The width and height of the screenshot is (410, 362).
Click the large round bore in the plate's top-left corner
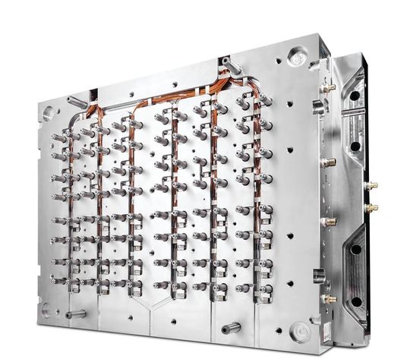point(49,112)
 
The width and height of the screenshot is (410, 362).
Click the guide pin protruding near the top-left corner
point(75,100)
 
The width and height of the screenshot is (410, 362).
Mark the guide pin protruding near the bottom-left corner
point(74,313)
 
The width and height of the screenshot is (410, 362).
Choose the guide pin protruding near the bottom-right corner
point(231,328)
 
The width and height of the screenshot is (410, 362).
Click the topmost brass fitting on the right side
point(329,88)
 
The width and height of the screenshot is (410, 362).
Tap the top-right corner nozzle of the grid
point(262,102)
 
